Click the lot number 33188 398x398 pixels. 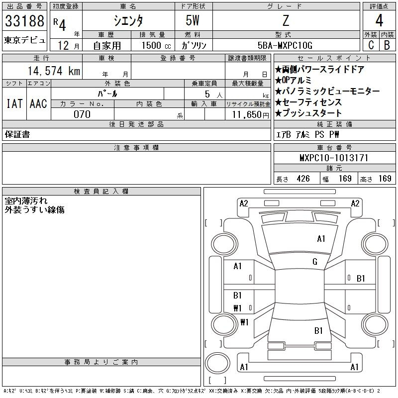[x=24, y=21]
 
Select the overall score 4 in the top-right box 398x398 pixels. [x=379, y=20]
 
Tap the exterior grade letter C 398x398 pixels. [x=371, y=45]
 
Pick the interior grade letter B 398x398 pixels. [x=387, y=45]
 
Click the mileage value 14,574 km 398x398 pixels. [x=54, y=71]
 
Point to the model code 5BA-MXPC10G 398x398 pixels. [x=285, y=45]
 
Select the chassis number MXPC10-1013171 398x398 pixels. [x=334, y=158]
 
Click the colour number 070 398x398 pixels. [x=82, y=114]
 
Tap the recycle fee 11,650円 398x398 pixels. [x=250, y=115]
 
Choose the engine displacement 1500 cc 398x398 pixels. [x=156, y=45]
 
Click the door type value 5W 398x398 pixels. [x=193, y=20]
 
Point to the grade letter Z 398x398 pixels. [x=286, y=20]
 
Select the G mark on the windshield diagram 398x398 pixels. [x=315, y=262]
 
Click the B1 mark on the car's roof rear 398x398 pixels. [x=318, y=331]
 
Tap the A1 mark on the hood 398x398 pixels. [x=321, y=239]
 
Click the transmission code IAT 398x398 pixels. [x=14, y=103]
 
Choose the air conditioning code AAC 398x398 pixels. [x=38, y=103]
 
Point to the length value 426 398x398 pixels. [x=303, y=179]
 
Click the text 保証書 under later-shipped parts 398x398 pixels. [x=17, y=134]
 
